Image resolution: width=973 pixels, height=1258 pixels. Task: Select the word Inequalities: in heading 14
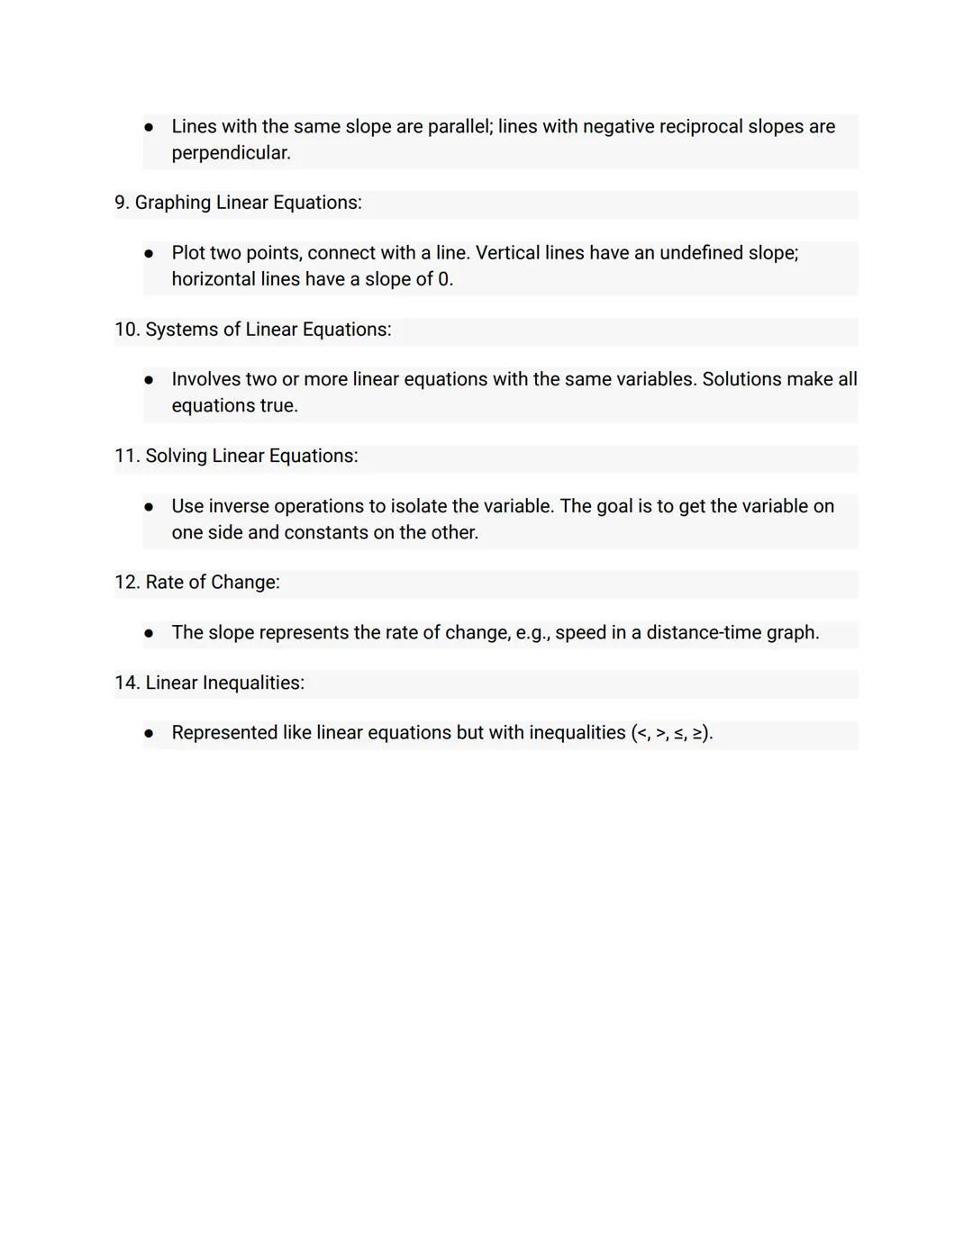point(253,683)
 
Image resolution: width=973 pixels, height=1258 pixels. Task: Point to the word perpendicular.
point(231,154)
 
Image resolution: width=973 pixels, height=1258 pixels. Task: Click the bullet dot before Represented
point(150,734)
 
